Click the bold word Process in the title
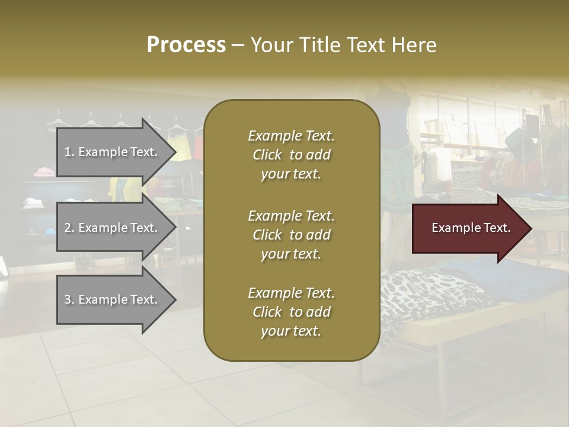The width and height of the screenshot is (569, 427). [x=186, y=44]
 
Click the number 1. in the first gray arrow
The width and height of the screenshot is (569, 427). [x=69, y=152]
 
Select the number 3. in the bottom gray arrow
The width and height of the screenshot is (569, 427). [x=69, y=299]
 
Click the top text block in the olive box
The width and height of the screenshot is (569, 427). [x=291, y=155]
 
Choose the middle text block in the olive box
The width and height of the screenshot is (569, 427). [x=291, y=234]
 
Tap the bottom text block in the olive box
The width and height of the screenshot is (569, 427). [x=291, y=312]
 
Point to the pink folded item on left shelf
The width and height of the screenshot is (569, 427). [x=44, y=172]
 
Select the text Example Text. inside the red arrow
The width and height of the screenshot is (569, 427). [x=471, y=228]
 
